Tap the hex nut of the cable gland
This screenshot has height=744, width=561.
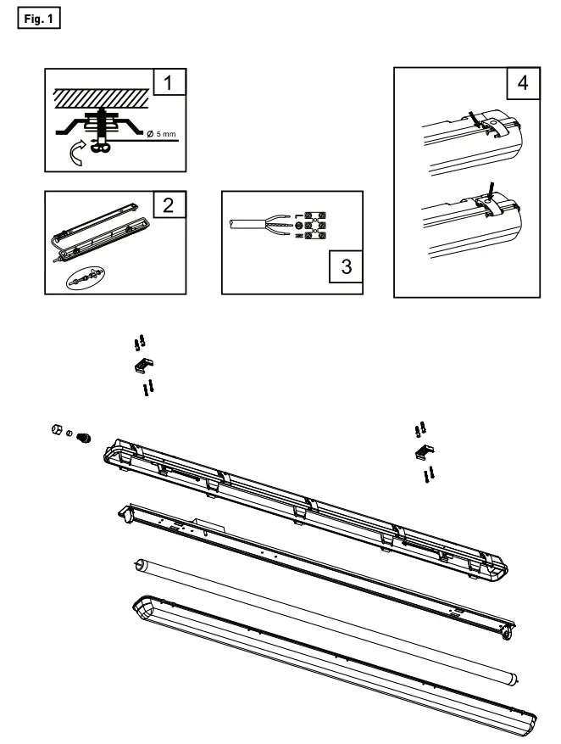click(56, 431)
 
